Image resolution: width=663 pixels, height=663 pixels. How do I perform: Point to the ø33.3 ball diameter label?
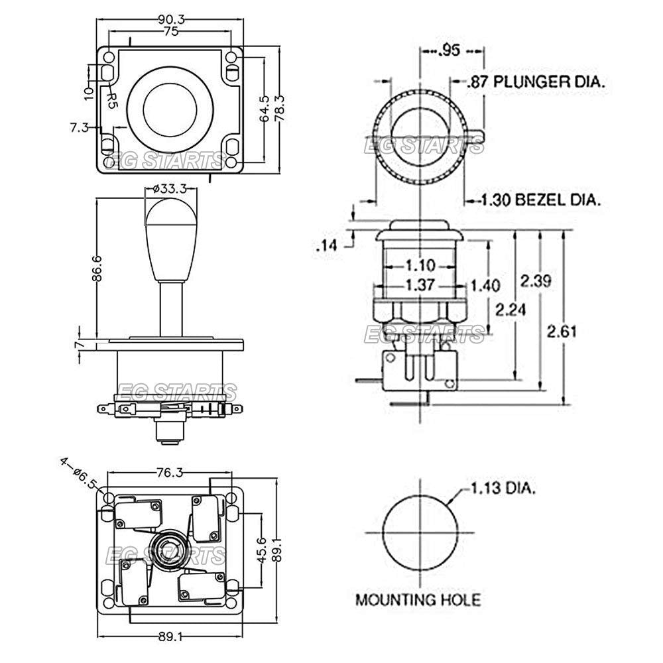[171, 189]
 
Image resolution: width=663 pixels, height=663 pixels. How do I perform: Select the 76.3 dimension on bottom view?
[170, 472]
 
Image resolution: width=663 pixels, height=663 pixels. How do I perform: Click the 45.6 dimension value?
[263, 550]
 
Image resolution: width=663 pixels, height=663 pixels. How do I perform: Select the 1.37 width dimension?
[418, 286]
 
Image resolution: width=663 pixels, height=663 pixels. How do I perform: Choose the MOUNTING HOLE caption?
[418, 601]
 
